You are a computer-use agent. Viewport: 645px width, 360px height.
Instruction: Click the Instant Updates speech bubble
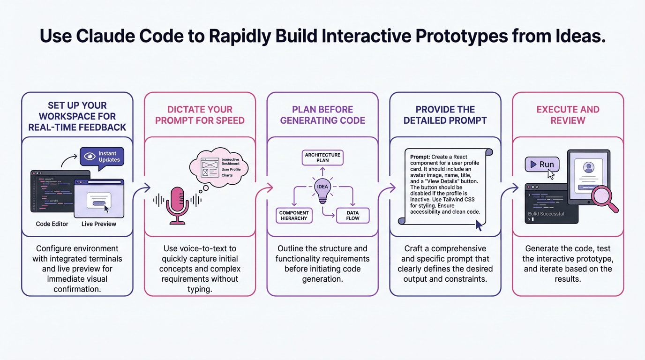(102, 157)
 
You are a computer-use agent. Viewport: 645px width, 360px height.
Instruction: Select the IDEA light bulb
(322, 190)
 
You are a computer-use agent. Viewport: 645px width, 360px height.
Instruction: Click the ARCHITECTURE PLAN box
(322, 157)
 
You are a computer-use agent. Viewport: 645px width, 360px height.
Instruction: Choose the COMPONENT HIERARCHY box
(294, 215)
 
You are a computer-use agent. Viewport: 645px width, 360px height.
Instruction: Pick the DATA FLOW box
(352, 215)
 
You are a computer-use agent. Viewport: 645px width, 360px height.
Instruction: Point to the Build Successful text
(546, 214)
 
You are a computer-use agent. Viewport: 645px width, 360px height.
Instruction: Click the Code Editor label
(52, 224)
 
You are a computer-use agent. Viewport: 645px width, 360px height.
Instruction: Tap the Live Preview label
(98, 224)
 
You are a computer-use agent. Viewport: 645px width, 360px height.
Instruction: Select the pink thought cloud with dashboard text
(218, 168)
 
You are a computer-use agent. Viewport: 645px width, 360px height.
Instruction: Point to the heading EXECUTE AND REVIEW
(568, 115)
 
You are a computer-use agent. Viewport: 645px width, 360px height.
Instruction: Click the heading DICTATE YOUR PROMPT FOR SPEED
(200, 115)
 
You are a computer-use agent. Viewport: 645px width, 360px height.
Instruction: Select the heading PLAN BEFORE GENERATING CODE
(322, 115)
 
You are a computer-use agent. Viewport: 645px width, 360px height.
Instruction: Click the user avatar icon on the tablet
(588, 167)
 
